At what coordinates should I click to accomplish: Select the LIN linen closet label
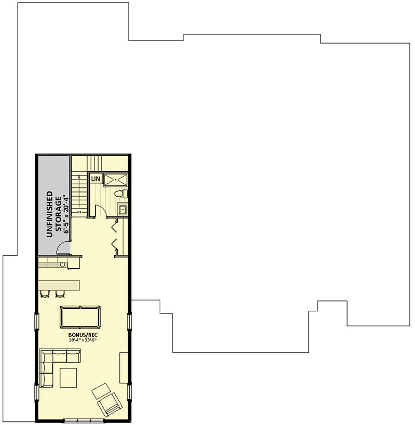pyautogui.click(x=95, y=179)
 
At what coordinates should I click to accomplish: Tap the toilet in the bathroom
pyautogui.click(x=120, y=194)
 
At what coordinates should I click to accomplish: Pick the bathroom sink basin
pyautogui.click(x=122, y=209)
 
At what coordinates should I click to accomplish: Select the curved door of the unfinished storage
pyautogui.click(x=63, y=249)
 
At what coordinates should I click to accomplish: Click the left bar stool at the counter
pyautogui.click(x=44, y=295)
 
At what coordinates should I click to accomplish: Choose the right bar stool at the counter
pyautogui.click(x=59, y=295)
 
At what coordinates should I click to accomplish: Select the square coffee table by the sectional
pyautogui.click(x=68, y=377)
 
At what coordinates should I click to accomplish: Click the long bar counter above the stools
pyautogui.click(x=59, y=285)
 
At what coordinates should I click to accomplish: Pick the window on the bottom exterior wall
pyautogui.click(x=83, y=420)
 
